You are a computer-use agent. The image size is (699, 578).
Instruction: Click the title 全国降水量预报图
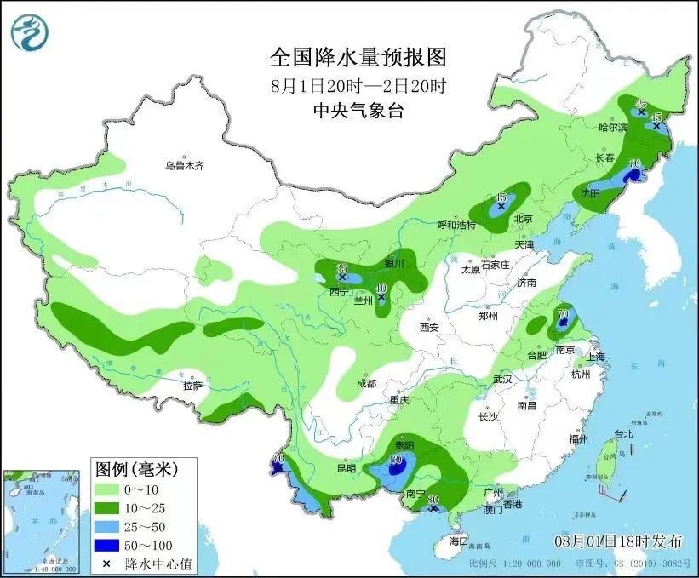point(358,57)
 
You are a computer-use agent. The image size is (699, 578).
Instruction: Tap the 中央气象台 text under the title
point(358,110)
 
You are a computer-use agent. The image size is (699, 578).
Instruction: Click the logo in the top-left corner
point(30,31)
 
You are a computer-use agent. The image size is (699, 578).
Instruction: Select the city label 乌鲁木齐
point(186,167)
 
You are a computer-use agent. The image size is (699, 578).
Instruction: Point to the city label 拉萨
point(193,386)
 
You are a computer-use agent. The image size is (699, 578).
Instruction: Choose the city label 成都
point(366,384)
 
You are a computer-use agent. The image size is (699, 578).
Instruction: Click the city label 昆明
point(346,468)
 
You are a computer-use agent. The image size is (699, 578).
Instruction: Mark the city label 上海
point(595,357)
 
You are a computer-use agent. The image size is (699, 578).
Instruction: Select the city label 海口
point(459,541)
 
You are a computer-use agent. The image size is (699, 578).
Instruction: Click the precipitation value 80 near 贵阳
point(396,461)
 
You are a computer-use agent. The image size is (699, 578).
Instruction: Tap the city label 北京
point(523,220)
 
